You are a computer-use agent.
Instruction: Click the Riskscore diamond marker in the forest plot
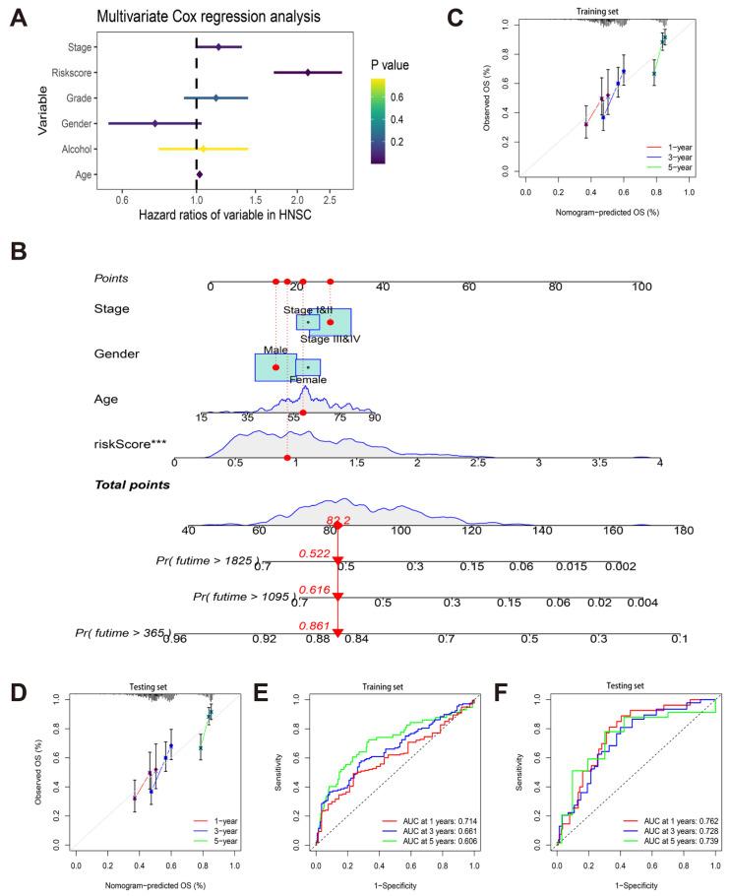pyautogui.click(x=308, y=72)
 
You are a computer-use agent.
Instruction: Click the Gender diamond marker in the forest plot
pyautogui.click(x=155, y=124)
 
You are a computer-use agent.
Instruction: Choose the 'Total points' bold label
pyautogui.click(x=134, y=485)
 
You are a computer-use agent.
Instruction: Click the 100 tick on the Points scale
pyautogui.click(x=642, y=287)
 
